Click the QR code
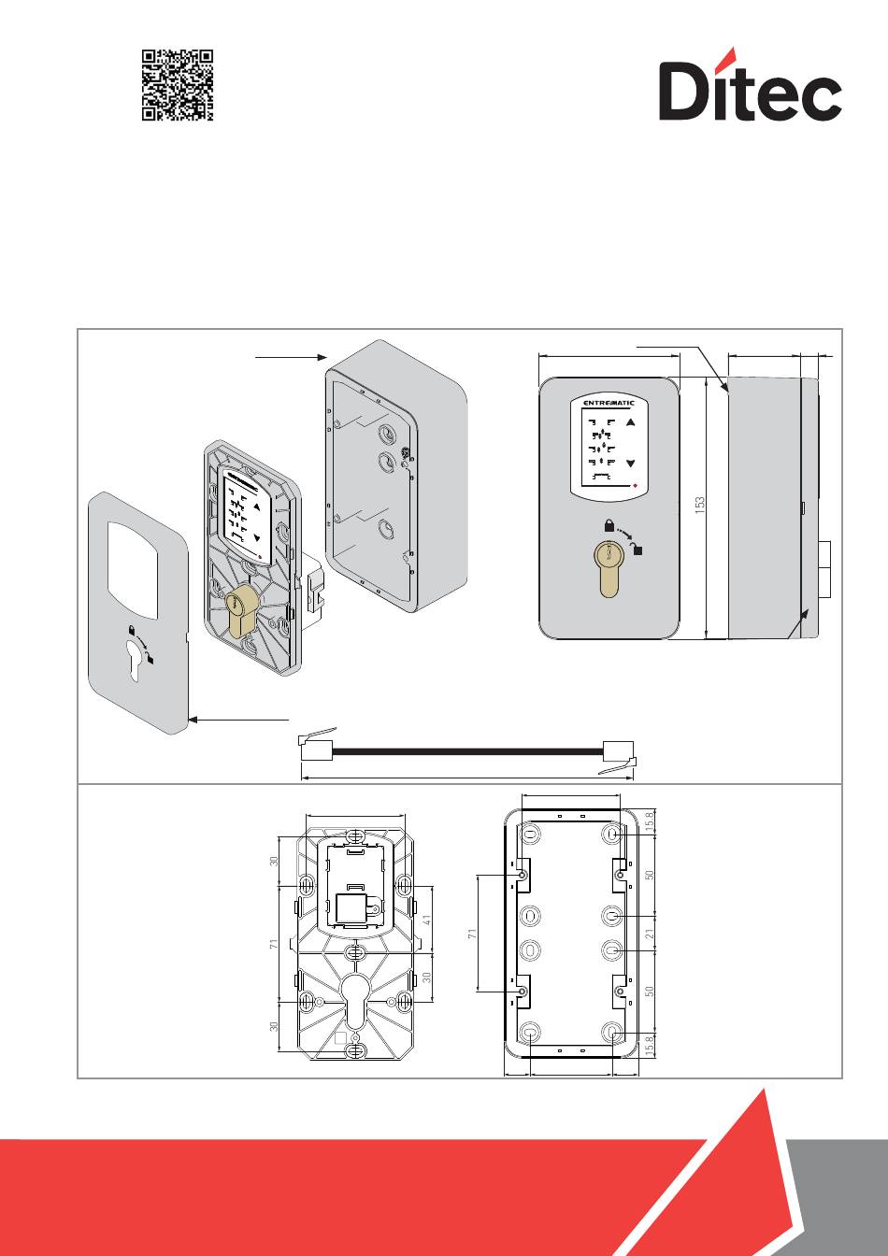coord(178,85)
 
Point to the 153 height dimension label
coord(699,507)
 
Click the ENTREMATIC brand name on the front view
coord(608,403)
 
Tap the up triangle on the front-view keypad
coord(631,422)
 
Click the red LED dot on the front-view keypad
coord(635,486)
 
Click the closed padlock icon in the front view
coord(608,525)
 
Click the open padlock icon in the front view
coord(637,549)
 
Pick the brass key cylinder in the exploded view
coord(241,611)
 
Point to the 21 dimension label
coord(650,932)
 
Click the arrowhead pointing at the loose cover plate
coord(193,720)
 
